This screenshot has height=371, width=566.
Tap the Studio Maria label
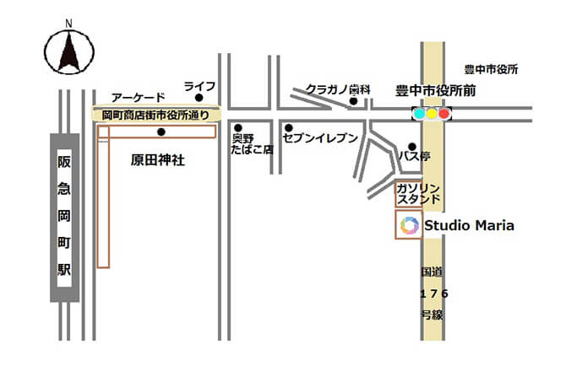pyautogui.click(x=469, y=225)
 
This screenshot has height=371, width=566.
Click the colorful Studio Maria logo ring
pyautogui.click(x=410, y=225)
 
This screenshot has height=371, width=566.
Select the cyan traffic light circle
pyautogui.click(x=419, y=113)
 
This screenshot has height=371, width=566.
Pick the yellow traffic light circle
pyautogui.click(x=432, y=113)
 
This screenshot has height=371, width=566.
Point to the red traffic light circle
pyautogui.click(x=444, y=113)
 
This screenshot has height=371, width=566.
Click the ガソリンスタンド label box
pyautogui.click(x=418, y=194)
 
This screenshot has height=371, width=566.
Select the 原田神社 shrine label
pyautogui.click(x=158, y=159)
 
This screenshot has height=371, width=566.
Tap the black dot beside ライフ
pyautogui.click(x=199, y=99)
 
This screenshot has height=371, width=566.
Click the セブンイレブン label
pyautogui.click(x=321, y=137)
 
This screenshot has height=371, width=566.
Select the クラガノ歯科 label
pyautogui.click(x=339, y=89)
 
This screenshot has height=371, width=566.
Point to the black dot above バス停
pyautogui.click(x=411, y=145)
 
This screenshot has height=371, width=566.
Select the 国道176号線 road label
pyautogui.click(x=433, y=293)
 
